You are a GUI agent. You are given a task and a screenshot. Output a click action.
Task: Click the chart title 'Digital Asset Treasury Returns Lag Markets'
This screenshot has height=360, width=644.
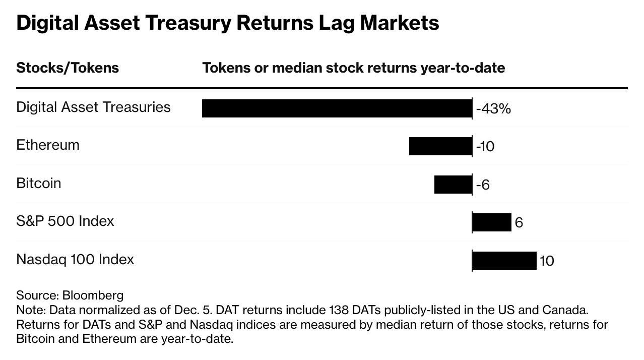coord(227,23)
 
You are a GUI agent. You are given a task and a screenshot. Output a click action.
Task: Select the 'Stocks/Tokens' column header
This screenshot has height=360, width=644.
coord(68,68)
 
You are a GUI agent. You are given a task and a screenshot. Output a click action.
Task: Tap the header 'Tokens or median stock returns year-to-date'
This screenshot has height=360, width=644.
coord(353,68)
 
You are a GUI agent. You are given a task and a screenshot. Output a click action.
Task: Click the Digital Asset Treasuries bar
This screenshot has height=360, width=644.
coord(337,108)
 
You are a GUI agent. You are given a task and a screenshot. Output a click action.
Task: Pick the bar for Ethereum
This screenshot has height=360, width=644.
coord(440,146)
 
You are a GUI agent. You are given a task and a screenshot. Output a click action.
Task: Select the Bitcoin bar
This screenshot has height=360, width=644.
coord(453,185)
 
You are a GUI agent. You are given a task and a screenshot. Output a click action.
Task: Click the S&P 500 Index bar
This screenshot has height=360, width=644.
coord(492,222)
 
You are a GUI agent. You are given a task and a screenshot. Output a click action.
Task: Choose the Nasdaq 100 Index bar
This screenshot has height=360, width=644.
coord(504,261)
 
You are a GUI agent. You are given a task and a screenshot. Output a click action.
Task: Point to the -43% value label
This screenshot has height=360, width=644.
coord(493,109)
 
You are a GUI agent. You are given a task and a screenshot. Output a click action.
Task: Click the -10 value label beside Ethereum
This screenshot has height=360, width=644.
coord(485,147)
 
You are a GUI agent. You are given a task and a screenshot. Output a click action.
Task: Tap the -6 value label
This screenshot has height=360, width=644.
coord(483,185)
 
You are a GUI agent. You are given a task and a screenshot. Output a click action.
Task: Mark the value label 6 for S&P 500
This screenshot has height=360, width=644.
coord(519,223)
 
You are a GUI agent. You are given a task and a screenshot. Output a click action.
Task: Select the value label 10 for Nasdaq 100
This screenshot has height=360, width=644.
coord(547,261)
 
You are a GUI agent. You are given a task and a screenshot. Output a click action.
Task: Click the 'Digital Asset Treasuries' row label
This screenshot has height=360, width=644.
coord(93,107)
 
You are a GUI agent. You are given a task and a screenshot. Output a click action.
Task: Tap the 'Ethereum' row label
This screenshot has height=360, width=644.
coord(48,145)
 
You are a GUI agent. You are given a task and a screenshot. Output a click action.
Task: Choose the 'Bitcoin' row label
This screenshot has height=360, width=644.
coord(39,184)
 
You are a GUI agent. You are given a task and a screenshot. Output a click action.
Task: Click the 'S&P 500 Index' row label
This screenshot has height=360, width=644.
coord(65,221)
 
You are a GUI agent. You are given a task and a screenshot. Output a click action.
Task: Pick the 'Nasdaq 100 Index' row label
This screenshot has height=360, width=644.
coord(75,260)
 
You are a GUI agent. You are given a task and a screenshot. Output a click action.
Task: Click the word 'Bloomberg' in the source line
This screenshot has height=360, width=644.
coord(93,295)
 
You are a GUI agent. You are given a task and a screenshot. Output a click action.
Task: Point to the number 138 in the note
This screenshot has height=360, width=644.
coord(340,310)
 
